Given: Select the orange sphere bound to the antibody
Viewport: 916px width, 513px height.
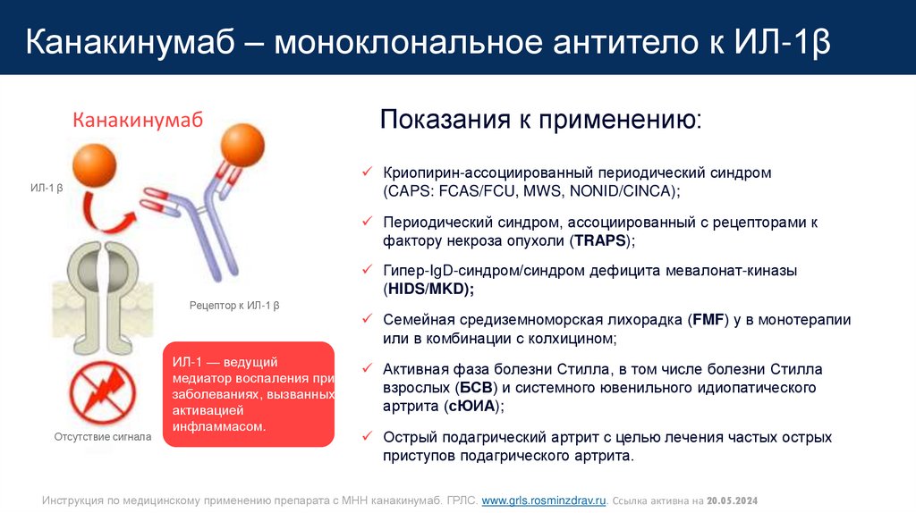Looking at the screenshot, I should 242,144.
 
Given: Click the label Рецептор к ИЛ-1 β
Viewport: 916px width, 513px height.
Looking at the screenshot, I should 234,306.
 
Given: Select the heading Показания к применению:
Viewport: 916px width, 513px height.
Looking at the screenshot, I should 541,120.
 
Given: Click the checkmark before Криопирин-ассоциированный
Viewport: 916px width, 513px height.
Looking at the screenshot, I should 366,171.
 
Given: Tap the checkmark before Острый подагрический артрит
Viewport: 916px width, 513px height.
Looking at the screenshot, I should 366,437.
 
